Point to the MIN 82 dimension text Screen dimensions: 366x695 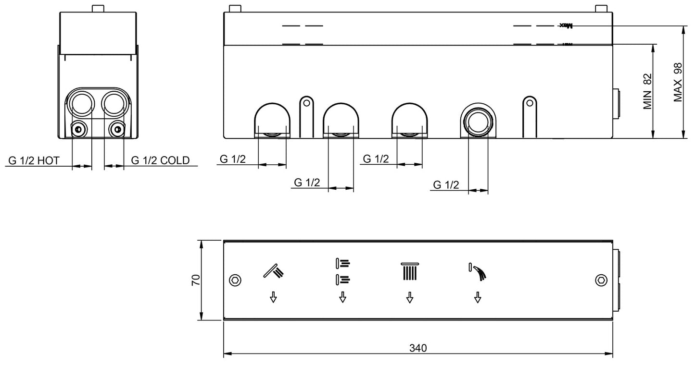coord(647,91)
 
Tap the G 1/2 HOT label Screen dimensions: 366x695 coord(33,160)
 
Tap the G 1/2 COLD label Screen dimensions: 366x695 coord(160,160)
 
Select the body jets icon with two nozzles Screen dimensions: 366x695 coord(342,270)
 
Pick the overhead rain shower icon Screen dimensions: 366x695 coord(409,270)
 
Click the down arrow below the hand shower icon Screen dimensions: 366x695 coord(273,298)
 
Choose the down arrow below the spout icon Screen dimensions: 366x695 coord(477,298)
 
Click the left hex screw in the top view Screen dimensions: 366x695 coord(235,280)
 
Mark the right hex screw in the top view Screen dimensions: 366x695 coord(601,280)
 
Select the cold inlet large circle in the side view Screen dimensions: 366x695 coord(114,102)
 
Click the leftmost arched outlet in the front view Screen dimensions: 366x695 coord(272,120)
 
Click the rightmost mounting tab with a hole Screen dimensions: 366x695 coord(529,103)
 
